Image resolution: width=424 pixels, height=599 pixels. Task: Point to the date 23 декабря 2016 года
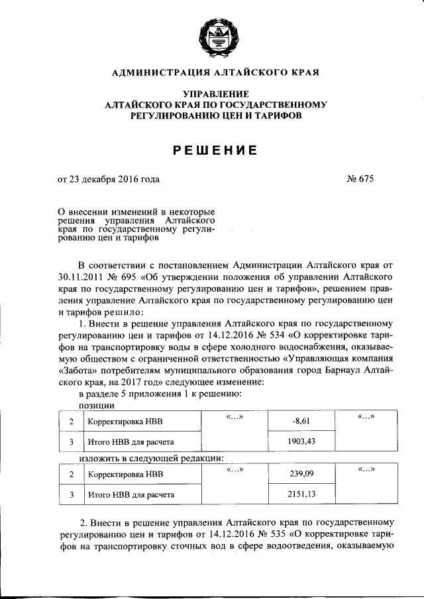(x=113, y=179)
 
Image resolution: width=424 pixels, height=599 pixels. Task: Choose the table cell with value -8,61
(x=301, y=420)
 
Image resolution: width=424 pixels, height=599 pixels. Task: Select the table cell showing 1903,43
(x=301, y=440)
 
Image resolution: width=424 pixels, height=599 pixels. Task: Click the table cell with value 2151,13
(x=301, y=494)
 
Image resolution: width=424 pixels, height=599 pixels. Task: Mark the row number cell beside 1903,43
(x=70, y=440)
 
